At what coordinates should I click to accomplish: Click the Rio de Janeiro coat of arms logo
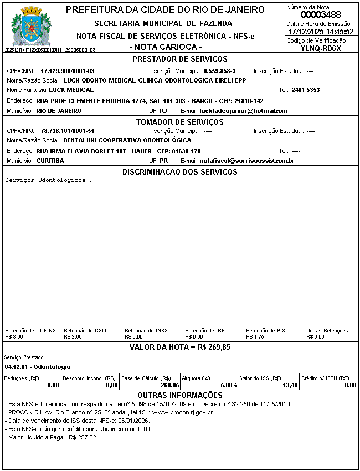point(30,26)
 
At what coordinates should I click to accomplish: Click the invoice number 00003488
point(321,14)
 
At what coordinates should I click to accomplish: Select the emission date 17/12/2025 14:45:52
point(321,32)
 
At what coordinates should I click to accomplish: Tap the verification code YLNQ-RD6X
point(321,48)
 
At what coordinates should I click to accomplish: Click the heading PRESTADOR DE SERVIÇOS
point(180,59)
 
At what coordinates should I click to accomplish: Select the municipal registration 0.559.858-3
point(220,71)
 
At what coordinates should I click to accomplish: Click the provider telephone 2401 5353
point(306,90)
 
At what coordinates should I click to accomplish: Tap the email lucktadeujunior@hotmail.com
point(244,111)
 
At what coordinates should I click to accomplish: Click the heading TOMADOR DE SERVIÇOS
point(180,121)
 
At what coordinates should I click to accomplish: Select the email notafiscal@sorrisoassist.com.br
point(246,161)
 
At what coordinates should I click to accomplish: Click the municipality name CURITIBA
point(50,161)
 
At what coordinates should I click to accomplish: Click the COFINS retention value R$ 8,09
point(14,336)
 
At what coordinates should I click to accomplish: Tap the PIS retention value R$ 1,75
point(255,336)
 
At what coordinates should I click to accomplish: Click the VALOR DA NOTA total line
point(180,347)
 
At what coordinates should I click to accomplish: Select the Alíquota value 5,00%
point(229,385)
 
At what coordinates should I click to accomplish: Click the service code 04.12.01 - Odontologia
point(37,367)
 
